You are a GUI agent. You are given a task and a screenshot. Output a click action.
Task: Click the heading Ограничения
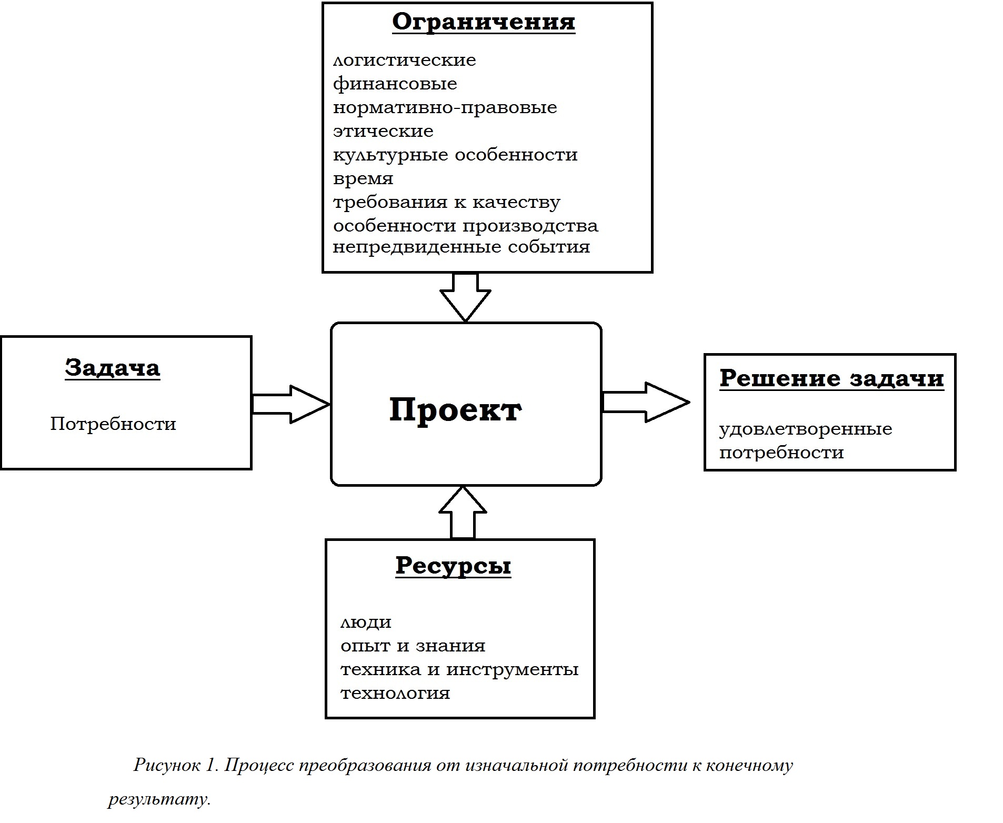(484, 23)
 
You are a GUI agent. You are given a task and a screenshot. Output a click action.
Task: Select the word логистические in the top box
(404, 60)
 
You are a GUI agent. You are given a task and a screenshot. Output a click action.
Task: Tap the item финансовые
(395, 84)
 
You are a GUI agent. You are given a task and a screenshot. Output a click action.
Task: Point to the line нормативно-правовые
(445, 107)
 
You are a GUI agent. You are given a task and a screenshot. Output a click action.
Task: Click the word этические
(383, 131)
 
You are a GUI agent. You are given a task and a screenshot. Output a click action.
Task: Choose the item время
(363, 179)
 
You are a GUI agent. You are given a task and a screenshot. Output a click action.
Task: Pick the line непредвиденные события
(462, 247)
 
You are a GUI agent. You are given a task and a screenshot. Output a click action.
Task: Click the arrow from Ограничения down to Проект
(465, 297)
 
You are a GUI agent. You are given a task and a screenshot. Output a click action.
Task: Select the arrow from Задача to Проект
(291, 404)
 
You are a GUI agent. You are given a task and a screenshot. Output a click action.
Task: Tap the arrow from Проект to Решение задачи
(645, 402)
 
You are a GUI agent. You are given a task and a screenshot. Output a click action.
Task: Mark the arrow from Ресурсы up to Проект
(463, 513)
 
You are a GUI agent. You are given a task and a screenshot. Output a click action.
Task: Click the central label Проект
(455, 409)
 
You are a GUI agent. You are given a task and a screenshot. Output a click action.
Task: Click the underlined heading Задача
(113, 368)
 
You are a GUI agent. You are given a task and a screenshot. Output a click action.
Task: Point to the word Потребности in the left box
(113, 424)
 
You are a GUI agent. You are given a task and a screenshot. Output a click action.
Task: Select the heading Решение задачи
(831, 378)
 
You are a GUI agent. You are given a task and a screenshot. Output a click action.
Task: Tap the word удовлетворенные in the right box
(806, 429)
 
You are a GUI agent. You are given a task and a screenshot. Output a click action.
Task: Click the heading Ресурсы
(453, 566)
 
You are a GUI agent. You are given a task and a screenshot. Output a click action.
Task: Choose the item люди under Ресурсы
(366, 623)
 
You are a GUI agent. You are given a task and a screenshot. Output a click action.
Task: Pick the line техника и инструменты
(459, 670)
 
